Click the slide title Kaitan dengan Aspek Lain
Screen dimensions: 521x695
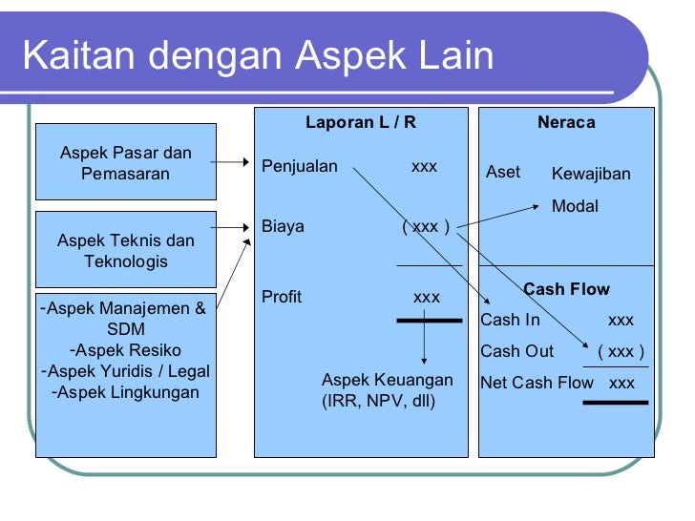coord(258,56)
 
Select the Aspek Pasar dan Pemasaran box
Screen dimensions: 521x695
coord(125,163)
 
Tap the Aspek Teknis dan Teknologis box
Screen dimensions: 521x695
coord(125,250)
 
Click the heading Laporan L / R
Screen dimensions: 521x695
coord(361,122)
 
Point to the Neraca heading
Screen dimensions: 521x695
coord(566,122)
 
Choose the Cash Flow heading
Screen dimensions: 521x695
coord(566,289)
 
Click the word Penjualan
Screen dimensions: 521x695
coord(300,167)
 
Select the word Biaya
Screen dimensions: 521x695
coord(283,226)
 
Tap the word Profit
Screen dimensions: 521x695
coord(282,297)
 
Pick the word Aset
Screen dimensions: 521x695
coord(503,172)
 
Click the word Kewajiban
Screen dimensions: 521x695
coord(591,175)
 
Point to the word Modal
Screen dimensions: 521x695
coord(575,205)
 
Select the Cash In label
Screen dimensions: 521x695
coord(510,320)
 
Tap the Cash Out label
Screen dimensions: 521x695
coord(516,351)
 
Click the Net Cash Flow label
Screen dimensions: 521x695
coord(537,384)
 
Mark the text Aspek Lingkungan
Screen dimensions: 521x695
coord(126,392)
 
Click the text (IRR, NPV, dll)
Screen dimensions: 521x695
coord(378,401)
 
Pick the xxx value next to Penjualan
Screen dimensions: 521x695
coord(424,167)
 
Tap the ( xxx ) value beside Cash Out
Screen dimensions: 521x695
coord(621,351)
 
